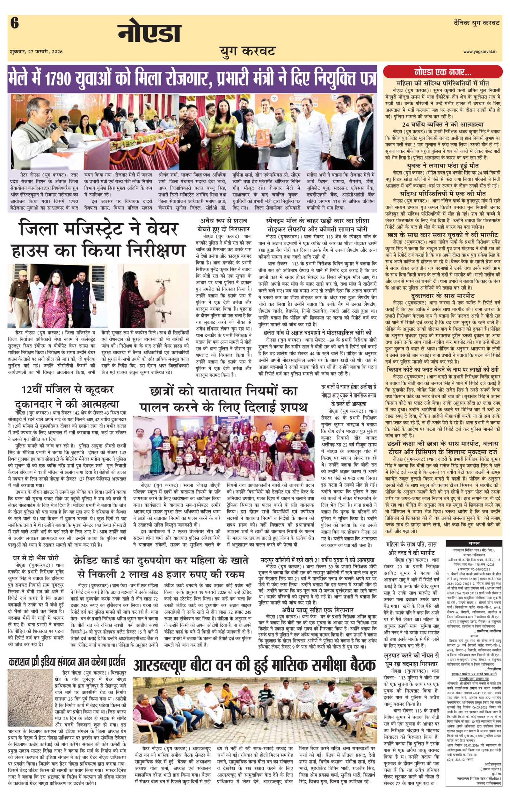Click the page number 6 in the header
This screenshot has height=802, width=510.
(x=14, y=24)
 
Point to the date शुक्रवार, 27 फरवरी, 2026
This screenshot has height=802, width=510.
(x=36, y=52)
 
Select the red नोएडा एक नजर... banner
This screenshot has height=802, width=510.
(x=443, y=72)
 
